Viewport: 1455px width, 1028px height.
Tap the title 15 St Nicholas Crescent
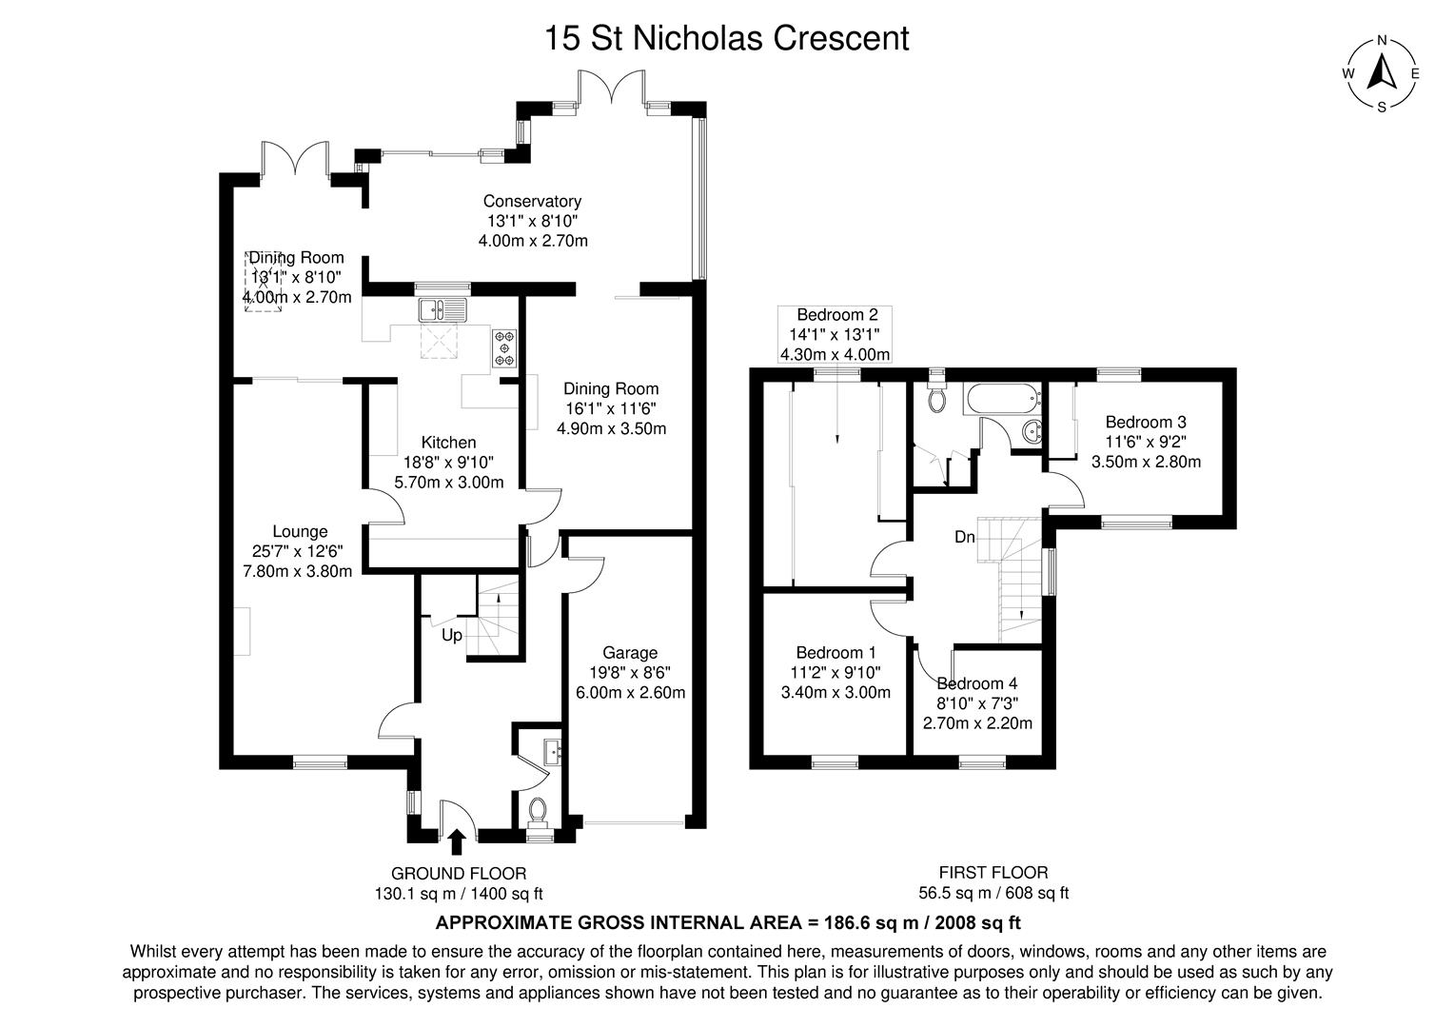coord(726,38)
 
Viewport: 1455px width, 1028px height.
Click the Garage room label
coord(630,653)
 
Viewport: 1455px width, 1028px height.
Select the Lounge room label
coord(300,532)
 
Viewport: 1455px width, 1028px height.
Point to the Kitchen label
coord(448,443)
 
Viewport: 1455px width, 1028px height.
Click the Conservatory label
coord(532,201)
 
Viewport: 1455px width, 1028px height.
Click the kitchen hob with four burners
coord(504,347)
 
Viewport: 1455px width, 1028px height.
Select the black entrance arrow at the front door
coord(457,841)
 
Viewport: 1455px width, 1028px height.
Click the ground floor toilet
coord(538,811)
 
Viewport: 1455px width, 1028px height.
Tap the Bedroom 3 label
coord(1146,422)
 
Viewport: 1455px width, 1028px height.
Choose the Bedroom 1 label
coord(836,653)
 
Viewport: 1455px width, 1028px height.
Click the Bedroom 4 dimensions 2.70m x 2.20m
coord(977,723)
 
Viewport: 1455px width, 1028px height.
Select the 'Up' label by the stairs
coord(452,635)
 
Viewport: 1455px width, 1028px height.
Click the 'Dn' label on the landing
coord(965,538)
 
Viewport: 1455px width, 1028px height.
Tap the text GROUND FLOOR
coord(459,873)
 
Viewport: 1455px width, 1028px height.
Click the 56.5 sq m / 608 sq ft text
coord(993,893)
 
